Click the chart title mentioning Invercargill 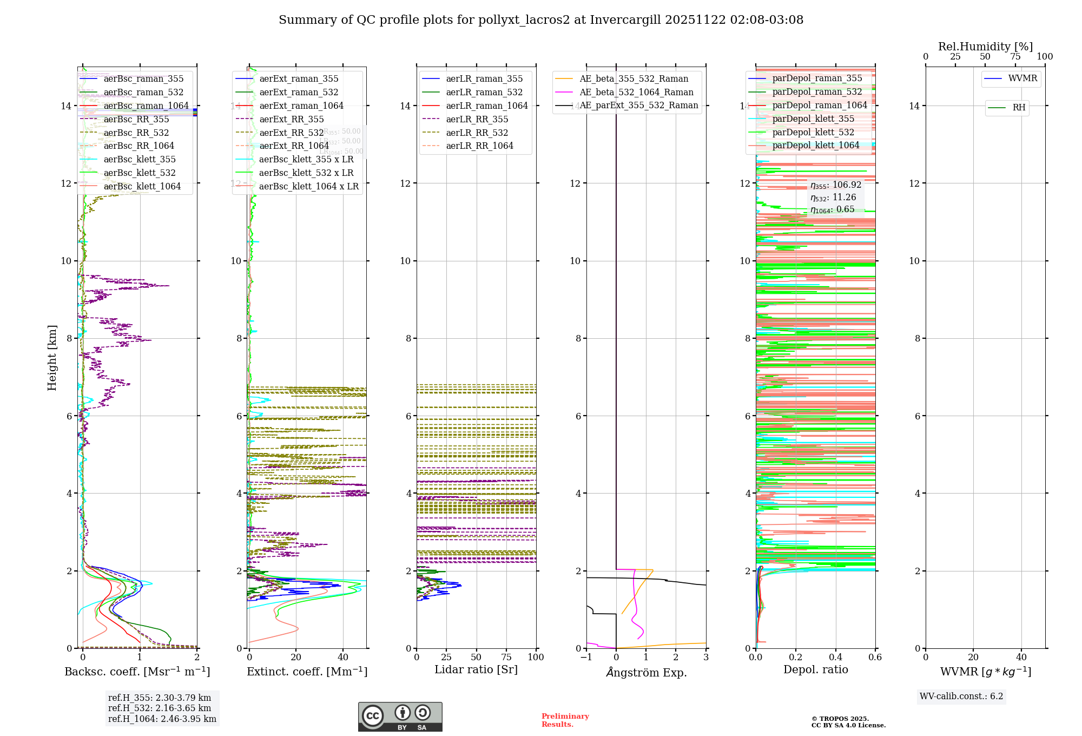(541, 20)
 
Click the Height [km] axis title (52, 358)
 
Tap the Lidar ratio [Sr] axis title (476, 670)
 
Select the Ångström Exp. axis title (646, 673)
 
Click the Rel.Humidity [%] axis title (985, 47)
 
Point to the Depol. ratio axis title (815, 670)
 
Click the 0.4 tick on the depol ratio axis (835, 658)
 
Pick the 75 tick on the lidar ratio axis (506, 658)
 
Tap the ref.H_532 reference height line (160, 708)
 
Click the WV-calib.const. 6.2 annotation (961, 696)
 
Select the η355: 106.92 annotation (835, 185)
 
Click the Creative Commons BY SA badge (400, 717)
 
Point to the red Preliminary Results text (565, 720)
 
